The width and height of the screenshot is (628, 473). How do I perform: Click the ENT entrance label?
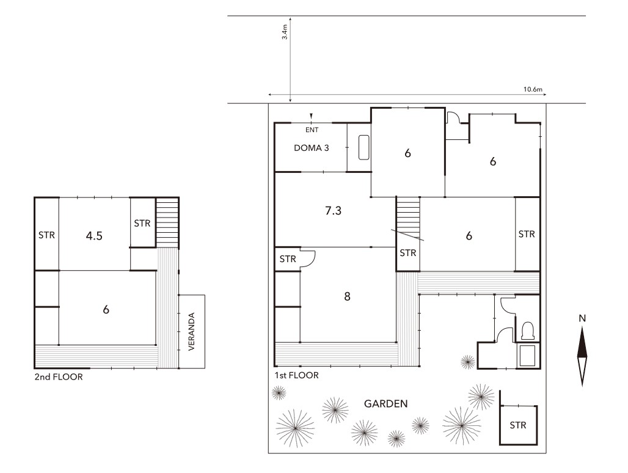(x=312, y=130)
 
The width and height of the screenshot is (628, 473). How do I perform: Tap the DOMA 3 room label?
(x=311, y=148)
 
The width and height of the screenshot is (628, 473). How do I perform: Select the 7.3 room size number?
(x=333, y=210)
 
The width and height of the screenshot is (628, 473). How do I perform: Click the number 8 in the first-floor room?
(x=347, y=296)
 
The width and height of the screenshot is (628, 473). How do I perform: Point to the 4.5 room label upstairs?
(x=94, y=236)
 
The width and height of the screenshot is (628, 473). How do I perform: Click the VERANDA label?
(x=191, y=332)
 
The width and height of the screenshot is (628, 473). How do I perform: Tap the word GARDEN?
(x=385, y=404)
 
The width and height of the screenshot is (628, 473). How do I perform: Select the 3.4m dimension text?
(x=285, y=32)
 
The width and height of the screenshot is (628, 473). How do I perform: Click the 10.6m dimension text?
(x=533, y=89)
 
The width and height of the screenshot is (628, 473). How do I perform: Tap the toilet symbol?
(x=527, y=331)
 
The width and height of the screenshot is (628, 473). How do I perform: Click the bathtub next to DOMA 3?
(x=363, y=147)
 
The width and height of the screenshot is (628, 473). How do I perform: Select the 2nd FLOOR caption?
(x=59, y=377)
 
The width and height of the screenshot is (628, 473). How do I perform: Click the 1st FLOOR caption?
(x=297, y=375)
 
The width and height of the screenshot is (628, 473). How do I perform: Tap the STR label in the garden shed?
(x=518, y=425)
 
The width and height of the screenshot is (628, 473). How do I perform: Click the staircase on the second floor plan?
(x=167, y=223)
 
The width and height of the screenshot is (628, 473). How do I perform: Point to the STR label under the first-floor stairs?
(x=407, y=253)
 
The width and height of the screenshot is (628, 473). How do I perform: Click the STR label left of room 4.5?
(x=46, y=235)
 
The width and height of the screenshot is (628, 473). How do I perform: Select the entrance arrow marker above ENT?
(x=311, y=116)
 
